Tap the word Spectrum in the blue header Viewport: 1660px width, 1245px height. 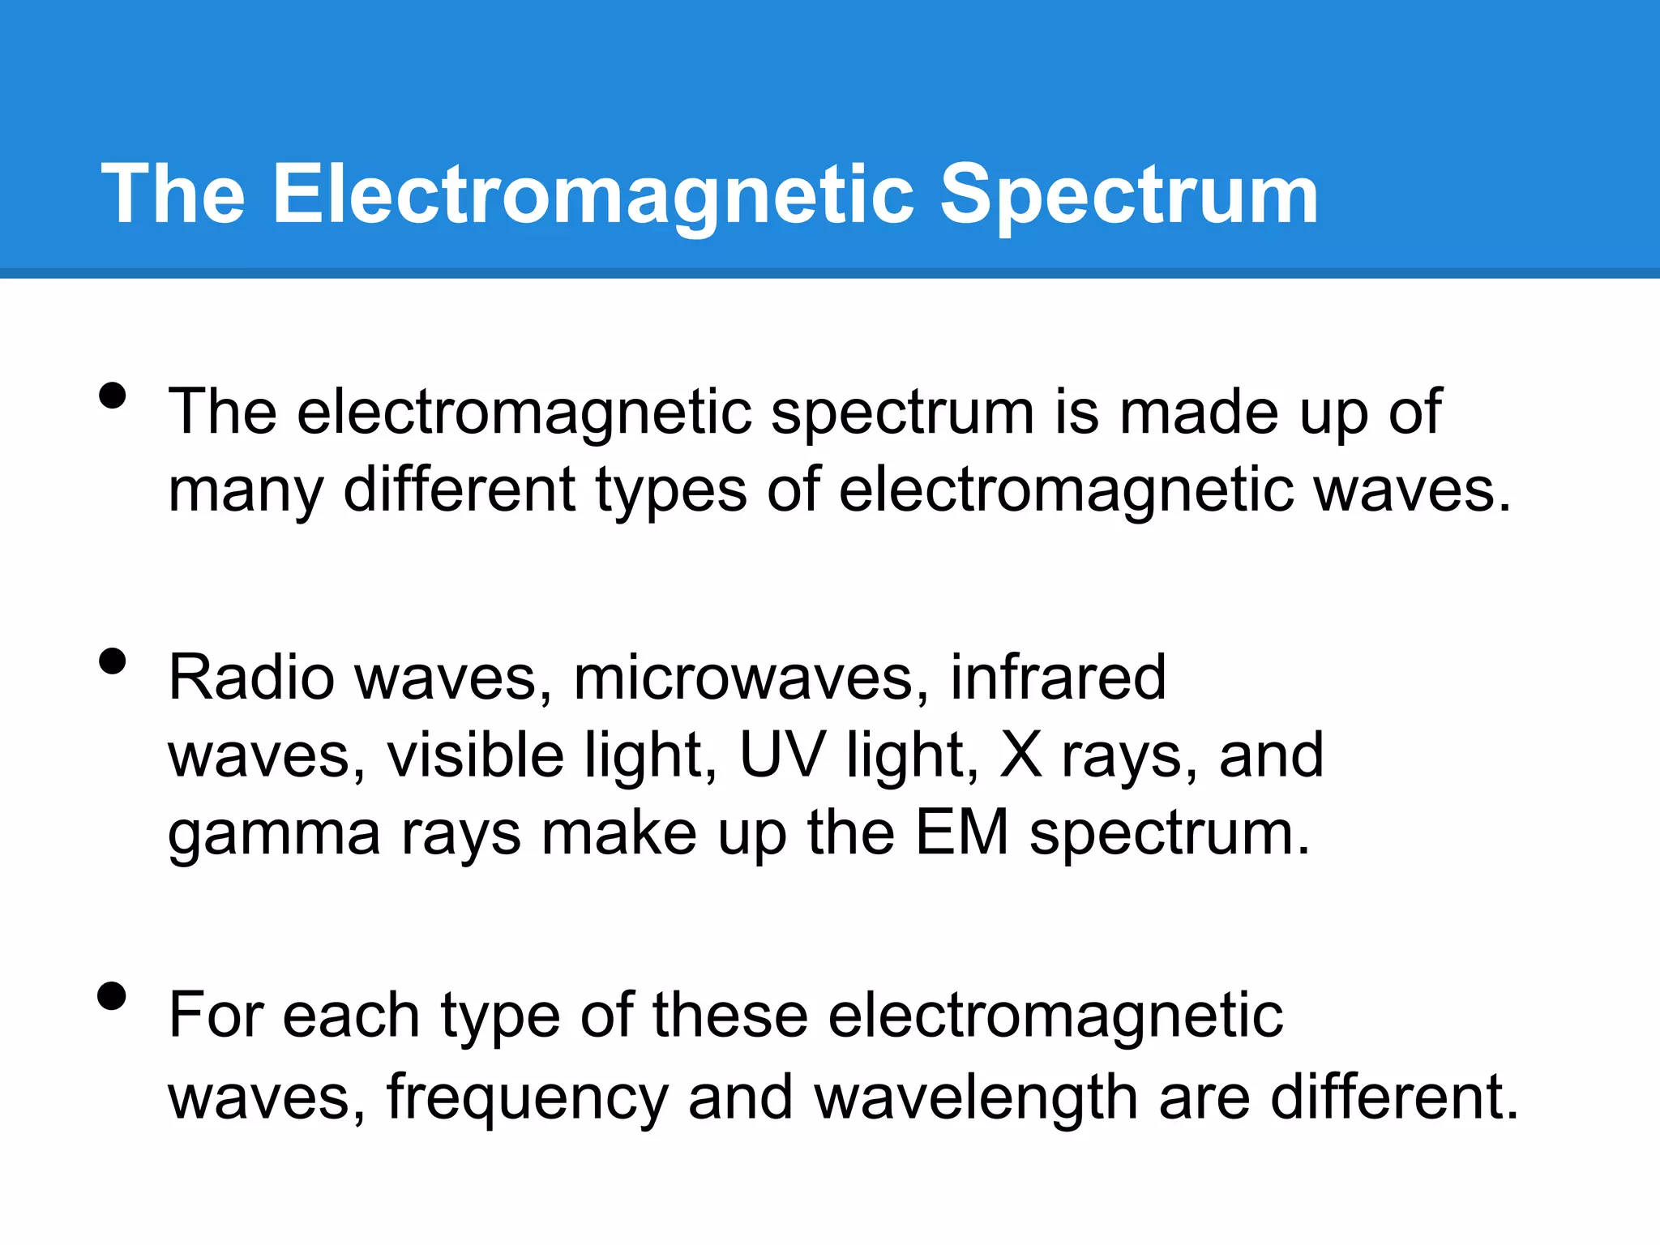click(x=1128, y=195)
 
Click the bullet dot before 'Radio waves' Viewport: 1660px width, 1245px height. click(x=113, y=661)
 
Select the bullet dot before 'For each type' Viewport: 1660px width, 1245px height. click(x=113, y=996)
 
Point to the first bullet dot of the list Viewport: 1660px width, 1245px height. click(x=113, y=396)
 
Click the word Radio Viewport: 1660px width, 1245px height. click(x=251, y=678)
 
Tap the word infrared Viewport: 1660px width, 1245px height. click(x=1058, y=678)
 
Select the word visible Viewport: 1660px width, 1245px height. click(x=475, y=755)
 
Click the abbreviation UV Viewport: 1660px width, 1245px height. click(x=783, y=755)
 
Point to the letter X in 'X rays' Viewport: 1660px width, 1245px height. click(x=1020, y=755)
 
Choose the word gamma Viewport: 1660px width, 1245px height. click(x=274, y=835)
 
